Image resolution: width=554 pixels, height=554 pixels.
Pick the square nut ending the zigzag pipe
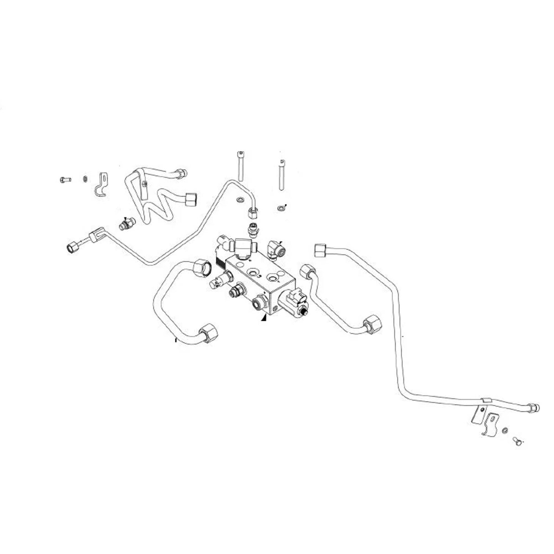click(x=192, y=199)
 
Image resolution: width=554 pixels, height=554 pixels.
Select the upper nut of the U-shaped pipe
click(x=201, y=267)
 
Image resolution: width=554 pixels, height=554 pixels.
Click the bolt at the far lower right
click(x=517, y=440)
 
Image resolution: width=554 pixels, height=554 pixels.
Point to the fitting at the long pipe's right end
click(x=533, y=408)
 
